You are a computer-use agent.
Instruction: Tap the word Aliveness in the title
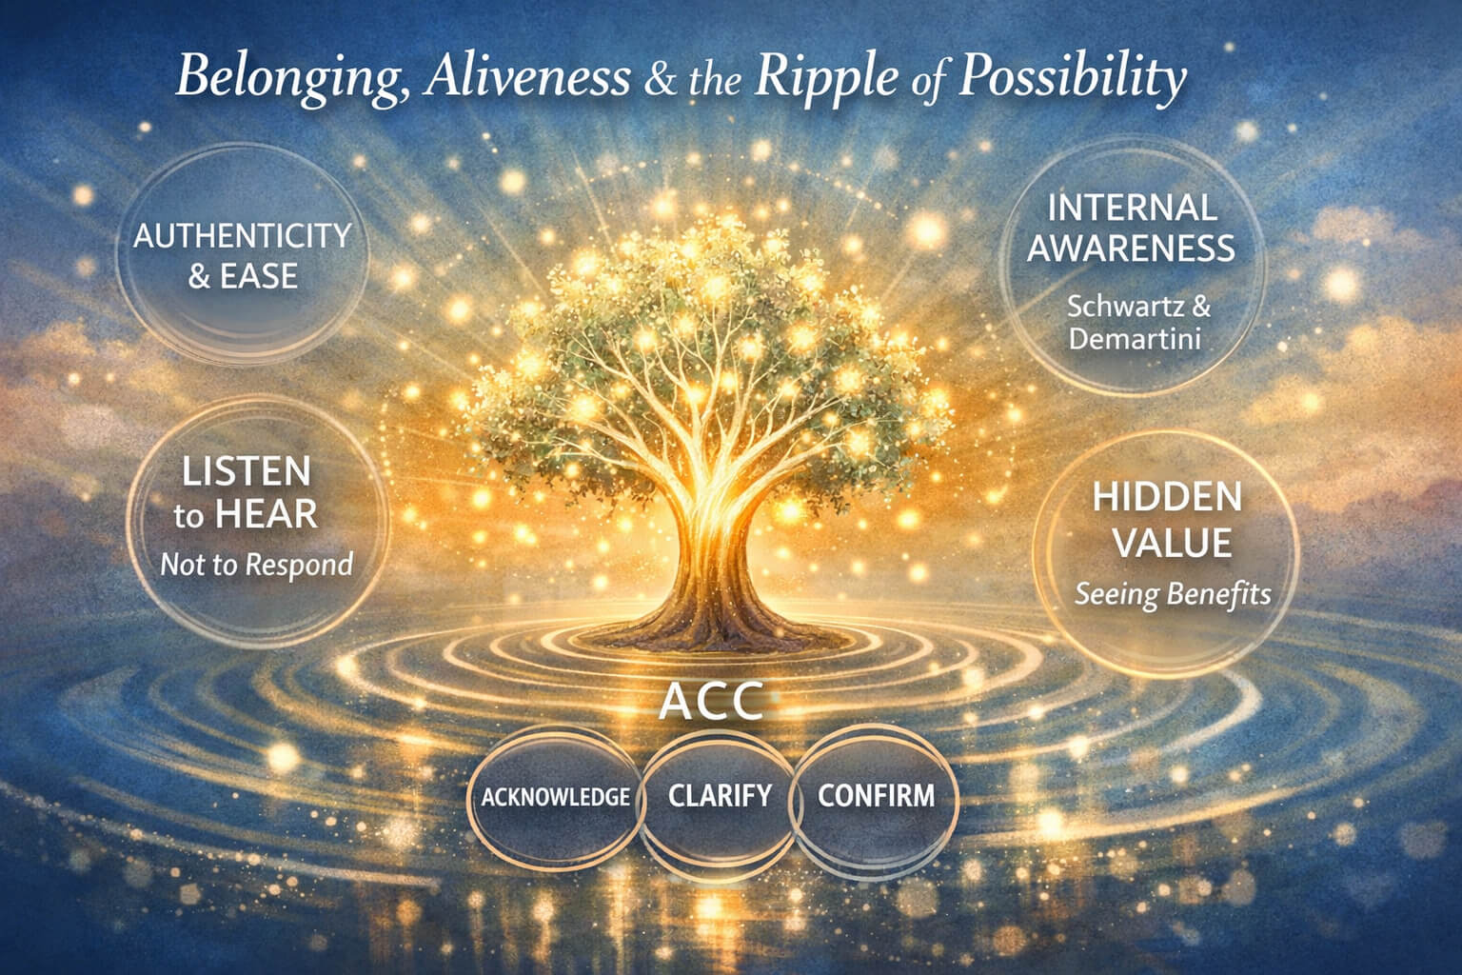tap(526, 76)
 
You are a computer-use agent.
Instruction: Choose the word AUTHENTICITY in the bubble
tap(243, 236)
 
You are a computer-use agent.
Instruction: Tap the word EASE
tap(259, 276)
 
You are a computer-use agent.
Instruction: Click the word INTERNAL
tap(1133, 208)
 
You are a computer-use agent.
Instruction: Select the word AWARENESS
tap(1131, 249)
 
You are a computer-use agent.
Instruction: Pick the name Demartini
tap(1135, 339)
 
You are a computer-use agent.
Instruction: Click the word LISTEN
tap(247, 471)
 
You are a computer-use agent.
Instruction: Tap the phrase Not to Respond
tap(256, 565)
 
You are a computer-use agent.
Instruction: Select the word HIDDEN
tap(1167, 497)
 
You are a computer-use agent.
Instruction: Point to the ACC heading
tap(711, 702)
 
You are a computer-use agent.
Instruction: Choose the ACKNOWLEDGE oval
tap(556, 797)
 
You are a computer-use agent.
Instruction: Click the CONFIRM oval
tap(876, 798)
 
